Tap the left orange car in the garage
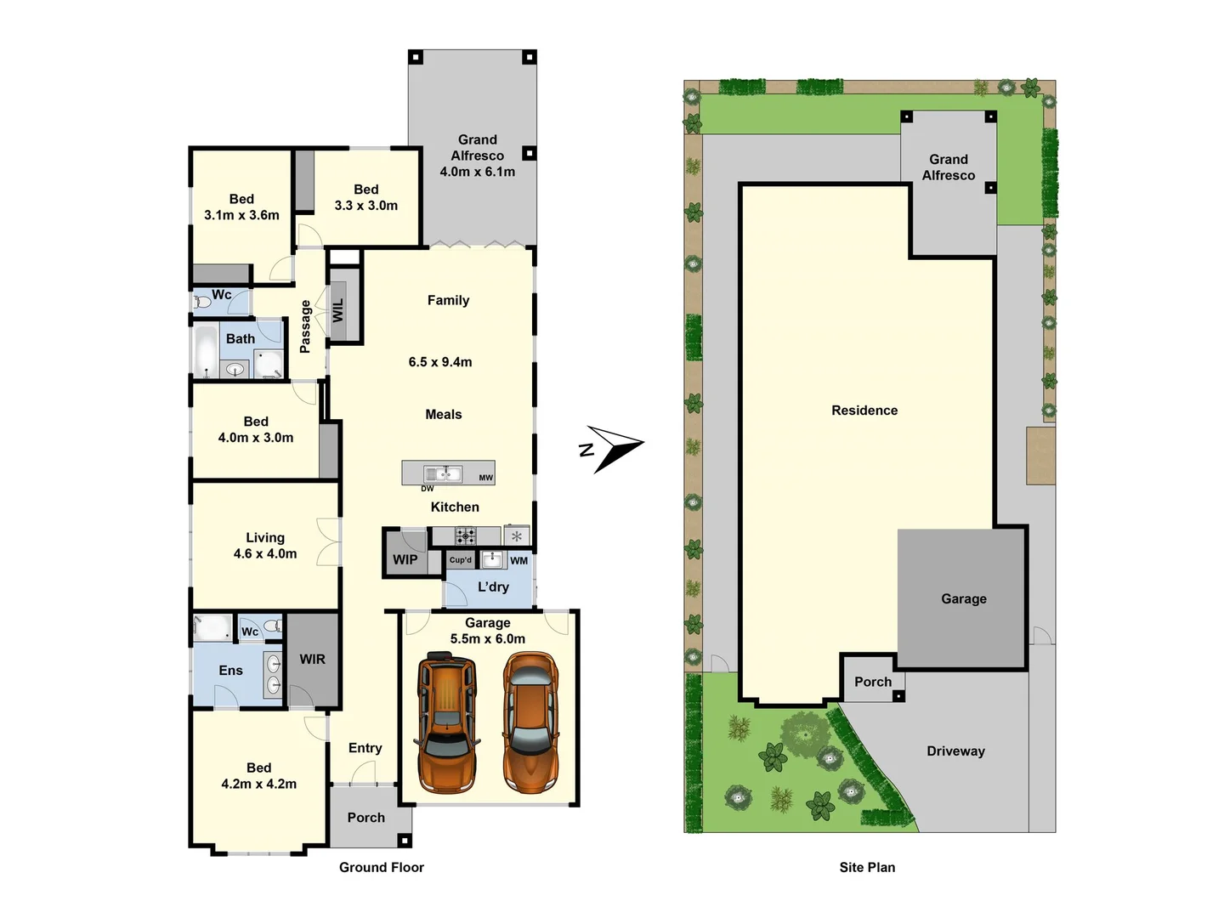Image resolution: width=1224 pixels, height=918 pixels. coord(446,722)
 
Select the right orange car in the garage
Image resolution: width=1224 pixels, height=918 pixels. coord(531,722)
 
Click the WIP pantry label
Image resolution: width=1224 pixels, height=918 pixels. coord(405,559)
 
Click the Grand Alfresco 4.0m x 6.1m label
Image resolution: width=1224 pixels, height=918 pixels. coord(477,156)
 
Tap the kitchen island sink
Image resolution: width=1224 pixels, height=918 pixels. coord(443,473)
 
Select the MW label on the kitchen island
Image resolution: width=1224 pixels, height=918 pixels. coord(485,478)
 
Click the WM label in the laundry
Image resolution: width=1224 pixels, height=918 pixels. coord(518,560)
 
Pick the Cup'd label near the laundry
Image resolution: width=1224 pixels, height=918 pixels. coord(461,560)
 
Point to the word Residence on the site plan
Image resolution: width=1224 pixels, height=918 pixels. coord(864,411)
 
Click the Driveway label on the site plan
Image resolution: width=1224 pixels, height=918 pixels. coord(955,751)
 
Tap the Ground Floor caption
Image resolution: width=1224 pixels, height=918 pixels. coord(382,867)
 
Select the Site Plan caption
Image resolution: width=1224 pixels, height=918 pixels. coord(867,867)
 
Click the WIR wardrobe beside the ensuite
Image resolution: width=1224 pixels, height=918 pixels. coord(312,659)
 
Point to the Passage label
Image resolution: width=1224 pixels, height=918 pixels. coord(305,326)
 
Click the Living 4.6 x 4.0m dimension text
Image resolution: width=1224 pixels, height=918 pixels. coord(265,553)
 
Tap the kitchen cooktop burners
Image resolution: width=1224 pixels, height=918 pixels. coord(465,535)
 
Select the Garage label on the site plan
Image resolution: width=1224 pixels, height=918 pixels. coord(964,598)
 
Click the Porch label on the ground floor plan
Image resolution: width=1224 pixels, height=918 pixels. coord(366,818)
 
